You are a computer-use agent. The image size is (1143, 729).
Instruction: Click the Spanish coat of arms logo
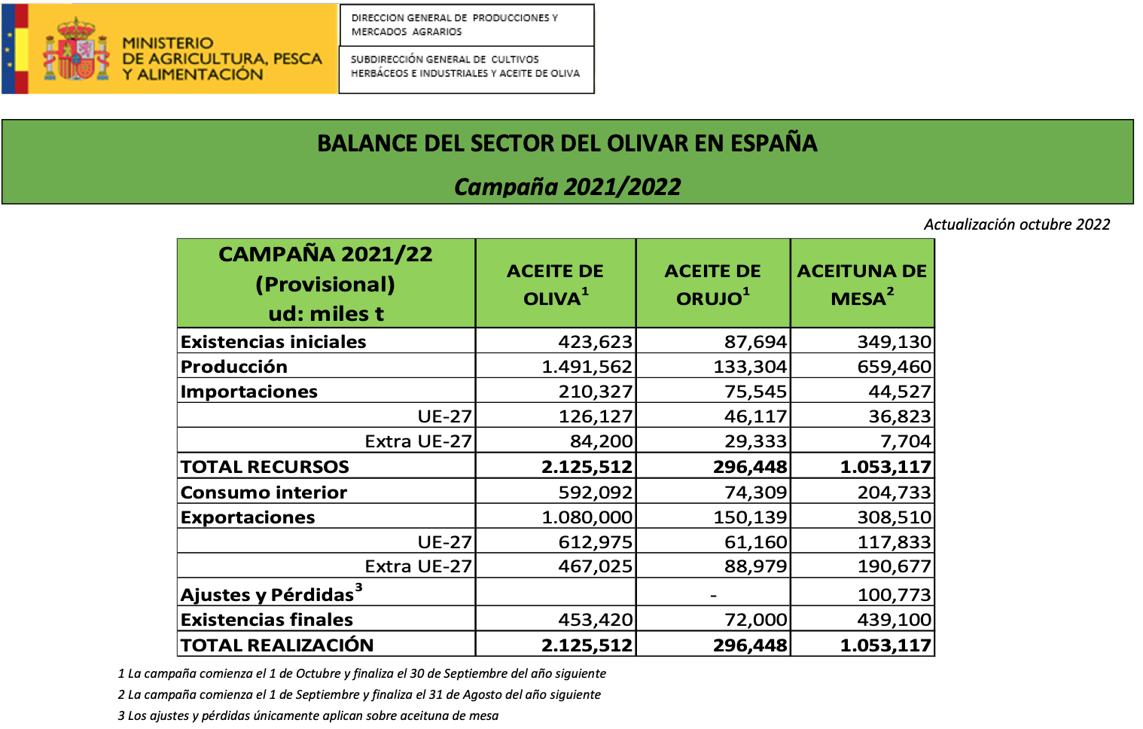[x=76, y=50]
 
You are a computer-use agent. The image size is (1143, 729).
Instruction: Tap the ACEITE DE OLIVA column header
[x=555, y=284]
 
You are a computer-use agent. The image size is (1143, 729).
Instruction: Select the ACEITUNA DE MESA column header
[x=862, y=284]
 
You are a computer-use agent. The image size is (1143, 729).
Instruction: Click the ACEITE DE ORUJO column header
[x=712, y=284]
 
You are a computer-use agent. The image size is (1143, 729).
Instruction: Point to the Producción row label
[x=234, y=367]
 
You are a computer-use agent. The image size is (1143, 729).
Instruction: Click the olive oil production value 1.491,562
[x=587, y=367]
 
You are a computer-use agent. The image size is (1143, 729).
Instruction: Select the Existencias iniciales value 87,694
[x=755, y=342]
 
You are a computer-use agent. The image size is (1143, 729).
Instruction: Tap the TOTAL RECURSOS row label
[x=265, y=467]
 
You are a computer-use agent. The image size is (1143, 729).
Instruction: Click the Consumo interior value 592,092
[x=596, y=493]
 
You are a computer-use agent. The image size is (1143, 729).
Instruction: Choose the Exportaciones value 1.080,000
[x=587, y=517]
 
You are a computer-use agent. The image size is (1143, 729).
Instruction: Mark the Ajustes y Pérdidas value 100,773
[x=895, y=595]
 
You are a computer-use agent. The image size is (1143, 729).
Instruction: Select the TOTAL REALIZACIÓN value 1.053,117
[x=885, y=645]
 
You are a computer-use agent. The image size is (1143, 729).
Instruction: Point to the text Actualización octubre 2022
[x=1017, y=224]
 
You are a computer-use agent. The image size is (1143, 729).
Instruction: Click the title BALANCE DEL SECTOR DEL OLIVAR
[x=567, y=143]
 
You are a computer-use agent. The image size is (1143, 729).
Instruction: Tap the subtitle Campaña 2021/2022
[x=567, y=187]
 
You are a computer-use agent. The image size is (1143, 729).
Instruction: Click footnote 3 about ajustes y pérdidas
[x=308, y=715]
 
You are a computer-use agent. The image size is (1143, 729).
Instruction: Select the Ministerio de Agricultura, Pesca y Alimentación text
[x=222, y=59]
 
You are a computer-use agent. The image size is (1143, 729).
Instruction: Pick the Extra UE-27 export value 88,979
[x=755, y=566]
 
